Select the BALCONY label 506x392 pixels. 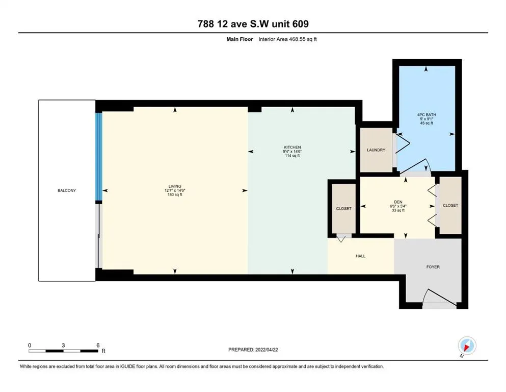67,190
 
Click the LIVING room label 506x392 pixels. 175,186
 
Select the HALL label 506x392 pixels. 360,256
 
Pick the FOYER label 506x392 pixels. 433,267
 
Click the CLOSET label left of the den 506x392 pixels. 344,209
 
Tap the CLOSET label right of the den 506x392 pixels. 450,205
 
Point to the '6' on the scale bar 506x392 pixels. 97,345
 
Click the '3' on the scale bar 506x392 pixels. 63,345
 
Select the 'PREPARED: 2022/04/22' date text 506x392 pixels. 253,350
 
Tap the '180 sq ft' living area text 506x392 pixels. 175,195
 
